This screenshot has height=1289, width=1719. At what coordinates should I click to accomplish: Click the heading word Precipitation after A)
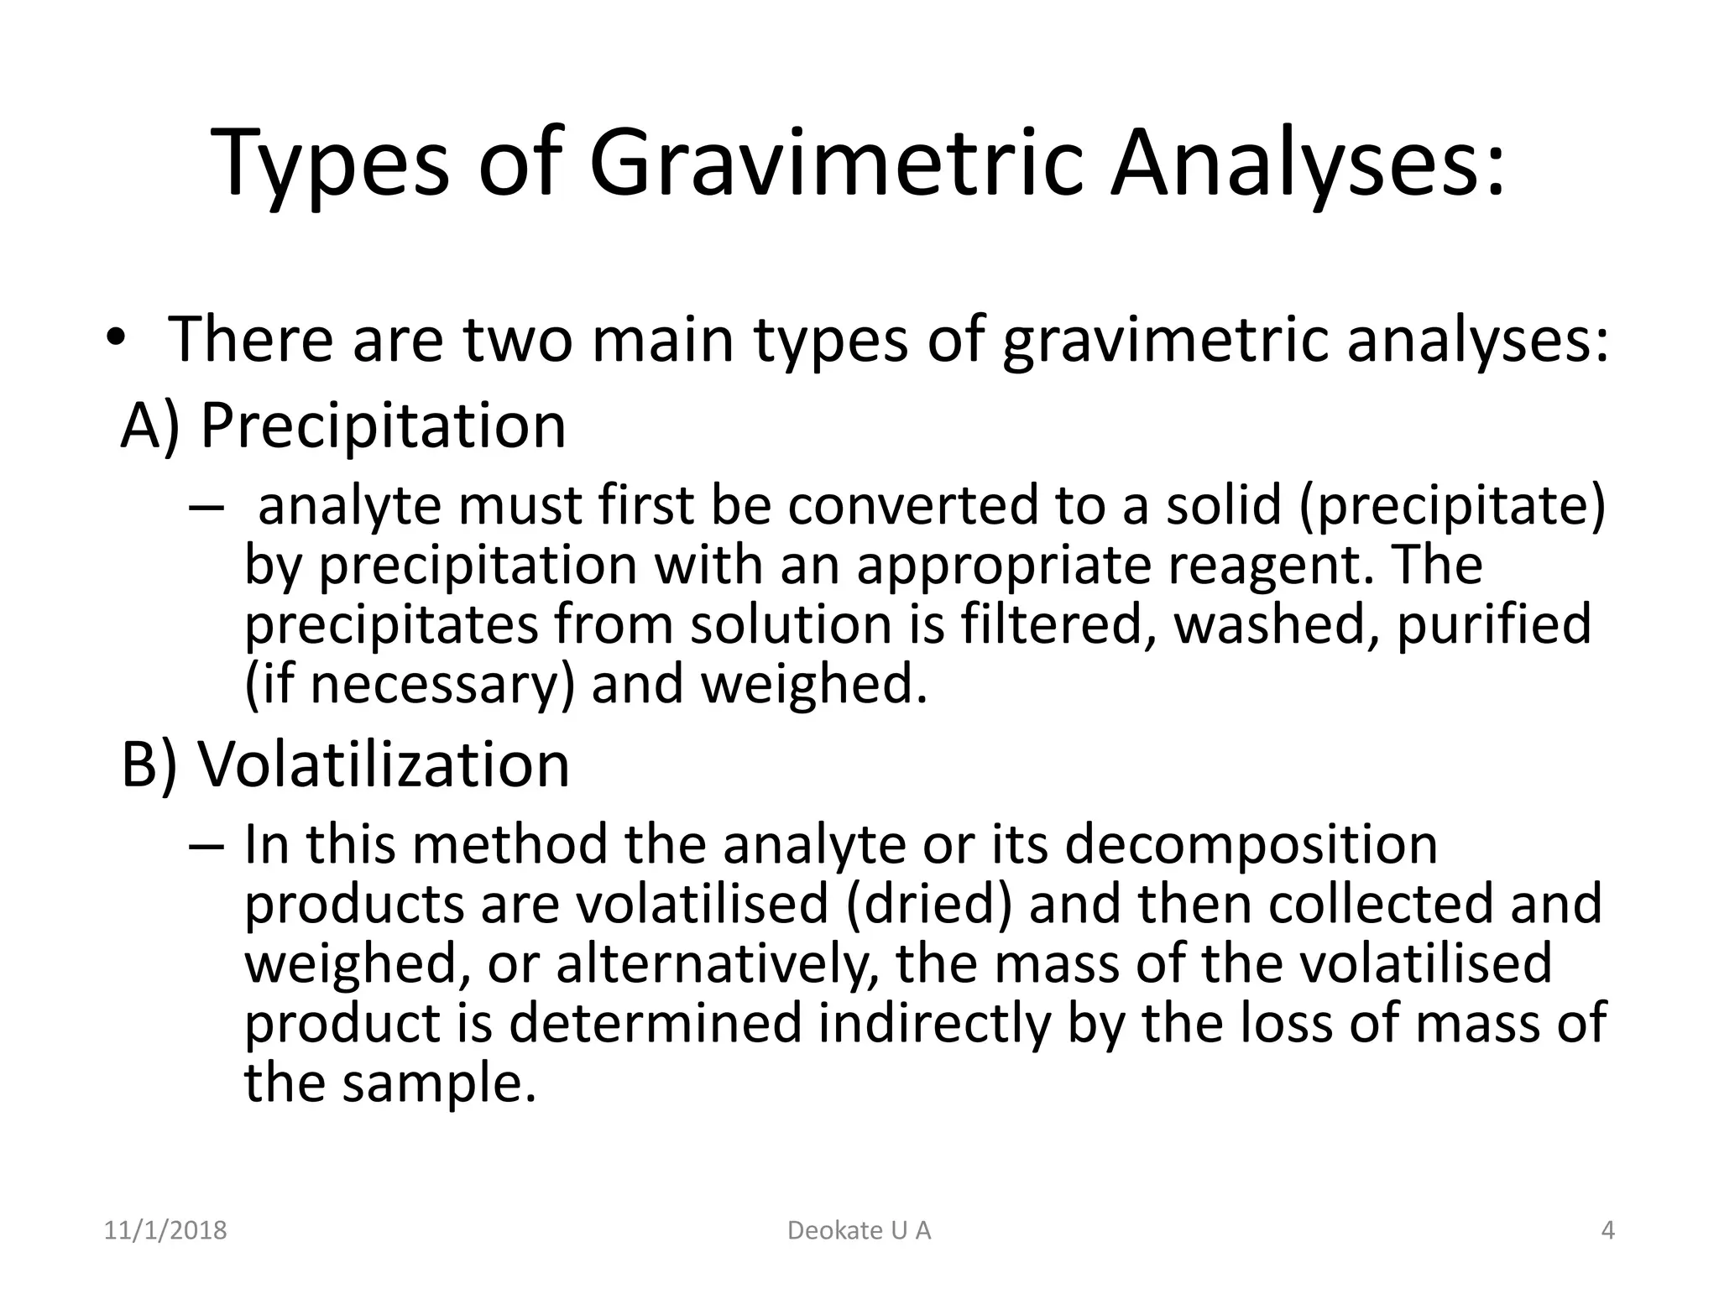[x=384, y=425]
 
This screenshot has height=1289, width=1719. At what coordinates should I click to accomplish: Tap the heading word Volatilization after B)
[x=384, y=765]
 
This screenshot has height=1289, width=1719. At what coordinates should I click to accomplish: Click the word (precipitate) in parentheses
[x=1452, y=507]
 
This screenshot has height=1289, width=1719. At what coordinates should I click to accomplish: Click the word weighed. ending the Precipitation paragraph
[x=813, y=684]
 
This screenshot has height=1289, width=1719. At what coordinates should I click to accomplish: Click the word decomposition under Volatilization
[x=1251, y=844]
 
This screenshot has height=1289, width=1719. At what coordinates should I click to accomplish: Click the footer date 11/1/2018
[x=165, y=1231]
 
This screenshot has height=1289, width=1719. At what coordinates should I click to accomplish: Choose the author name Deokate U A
[x=859, y=1231]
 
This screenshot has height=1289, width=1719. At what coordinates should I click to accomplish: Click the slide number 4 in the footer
[x=1608, y=1231]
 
